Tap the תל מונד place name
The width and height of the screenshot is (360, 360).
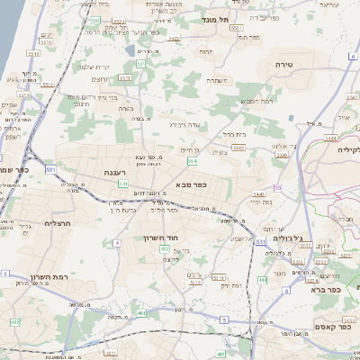click(238, 18)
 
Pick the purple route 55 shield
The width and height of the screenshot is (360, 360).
click(278, 186)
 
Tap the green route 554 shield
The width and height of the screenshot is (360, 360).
click(192, 160)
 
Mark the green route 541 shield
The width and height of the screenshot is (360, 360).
click(122, 184)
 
